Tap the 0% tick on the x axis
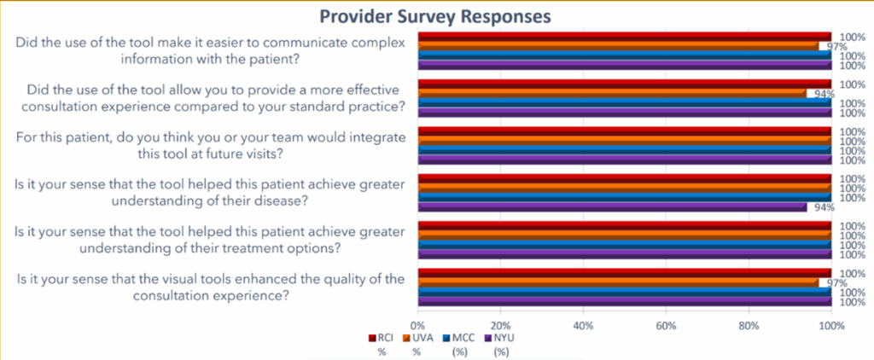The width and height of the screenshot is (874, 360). (x=417, y=326)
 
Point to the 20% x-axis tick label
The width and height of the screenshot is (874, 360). (x=501, y=326)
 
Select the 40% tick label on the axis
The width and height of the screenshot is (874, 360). (x=583, y=326)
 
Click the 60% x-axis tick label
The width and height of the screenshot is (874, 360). (x=666, y=326)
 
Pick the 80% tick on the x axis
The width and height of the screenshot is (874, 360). (x=749, y=326)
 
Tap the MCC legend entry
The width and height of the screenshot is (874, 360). (x=462, y=338)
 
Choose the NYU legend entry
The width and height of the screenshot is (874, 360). (x=502, y=338)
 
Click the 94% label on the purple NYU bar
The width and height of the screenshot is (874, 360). (x=819, y=207)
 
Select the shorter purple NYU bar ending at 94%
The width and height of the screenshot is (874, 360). (x=611, y=206)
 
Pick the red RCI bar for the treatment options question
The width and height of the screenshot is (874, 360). (x=623, y=226)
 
